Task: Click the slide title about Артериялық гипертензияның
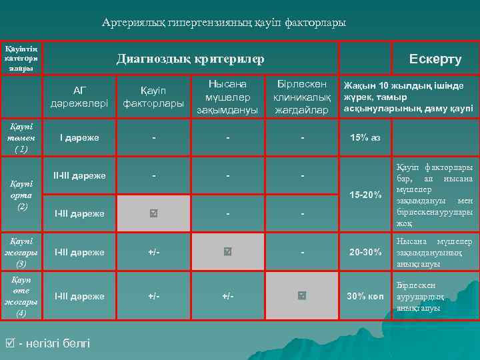224,23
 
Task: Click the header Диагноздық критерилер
190,59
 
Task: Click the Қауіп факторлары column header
153,97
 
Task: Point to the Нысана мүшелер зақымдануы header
227,97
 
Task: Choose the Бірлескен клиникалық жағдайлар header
302,97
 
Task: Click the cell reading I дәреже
79,137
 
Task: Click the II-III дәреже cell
79,176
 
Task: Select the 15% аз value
365,137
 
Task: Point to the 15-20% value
365,195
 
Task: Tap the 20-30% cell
365,252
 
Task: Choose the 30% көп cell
365,295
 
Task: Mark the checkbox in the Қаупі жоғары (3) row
228,252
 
